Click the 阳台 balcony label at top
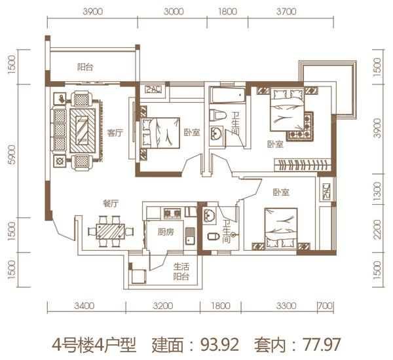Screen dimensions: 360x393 [x=84, y=67]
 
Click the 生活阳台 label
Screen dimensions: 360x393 [x=181, y=272]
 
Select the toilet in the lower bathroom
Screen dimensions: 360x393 [x=212, y=236]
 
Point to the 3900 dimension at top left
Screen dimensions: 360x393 [x=94, y=11]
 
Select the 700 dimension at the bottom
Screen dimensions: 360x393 [x=324, y=306]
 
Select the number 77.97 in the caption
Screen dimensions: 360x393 [x=320, y=342]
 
